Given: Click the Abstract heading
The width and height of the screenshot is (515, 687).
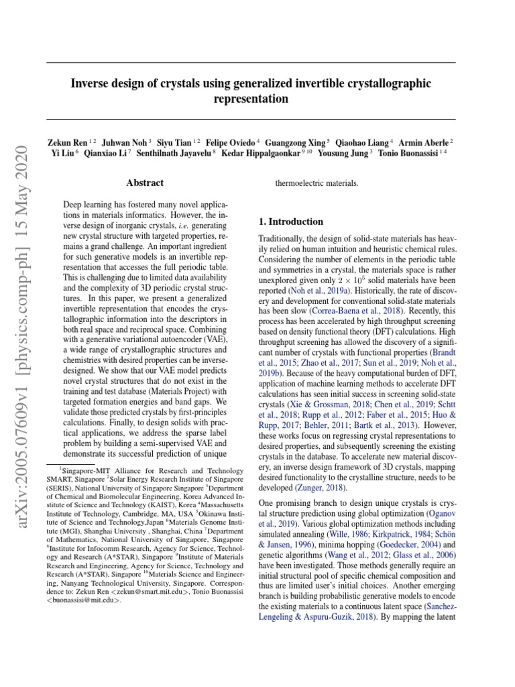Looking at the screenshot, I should (x=145, y=182).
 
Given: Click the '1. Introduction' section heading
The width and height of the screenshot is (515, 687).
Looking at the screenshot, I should (x=290, y=221).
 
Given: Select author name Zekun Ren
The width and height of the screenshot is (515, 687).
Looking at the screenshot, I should (x=66, y=142).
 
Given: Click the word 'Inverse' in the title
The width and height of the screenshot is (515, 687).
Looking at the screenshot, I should (x=91, y=83).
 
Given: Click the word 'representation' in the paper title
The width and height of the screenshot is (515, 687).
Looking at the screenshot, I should (x=250, y=99).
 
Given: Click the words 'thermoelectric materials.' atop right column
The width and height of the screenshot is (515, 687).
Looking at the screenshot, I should (x=317, y=182).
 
